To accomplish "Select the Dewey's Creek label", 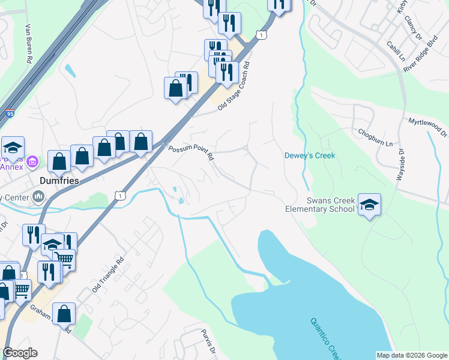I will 309,156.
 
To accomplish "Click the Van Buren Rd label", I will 28,44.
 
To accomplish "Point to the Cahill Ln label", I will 396,52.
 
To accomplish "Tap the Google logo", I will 20,353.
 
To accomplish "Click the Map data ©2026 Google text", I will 411,355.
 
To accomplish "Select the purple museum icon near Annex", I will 33,161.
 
